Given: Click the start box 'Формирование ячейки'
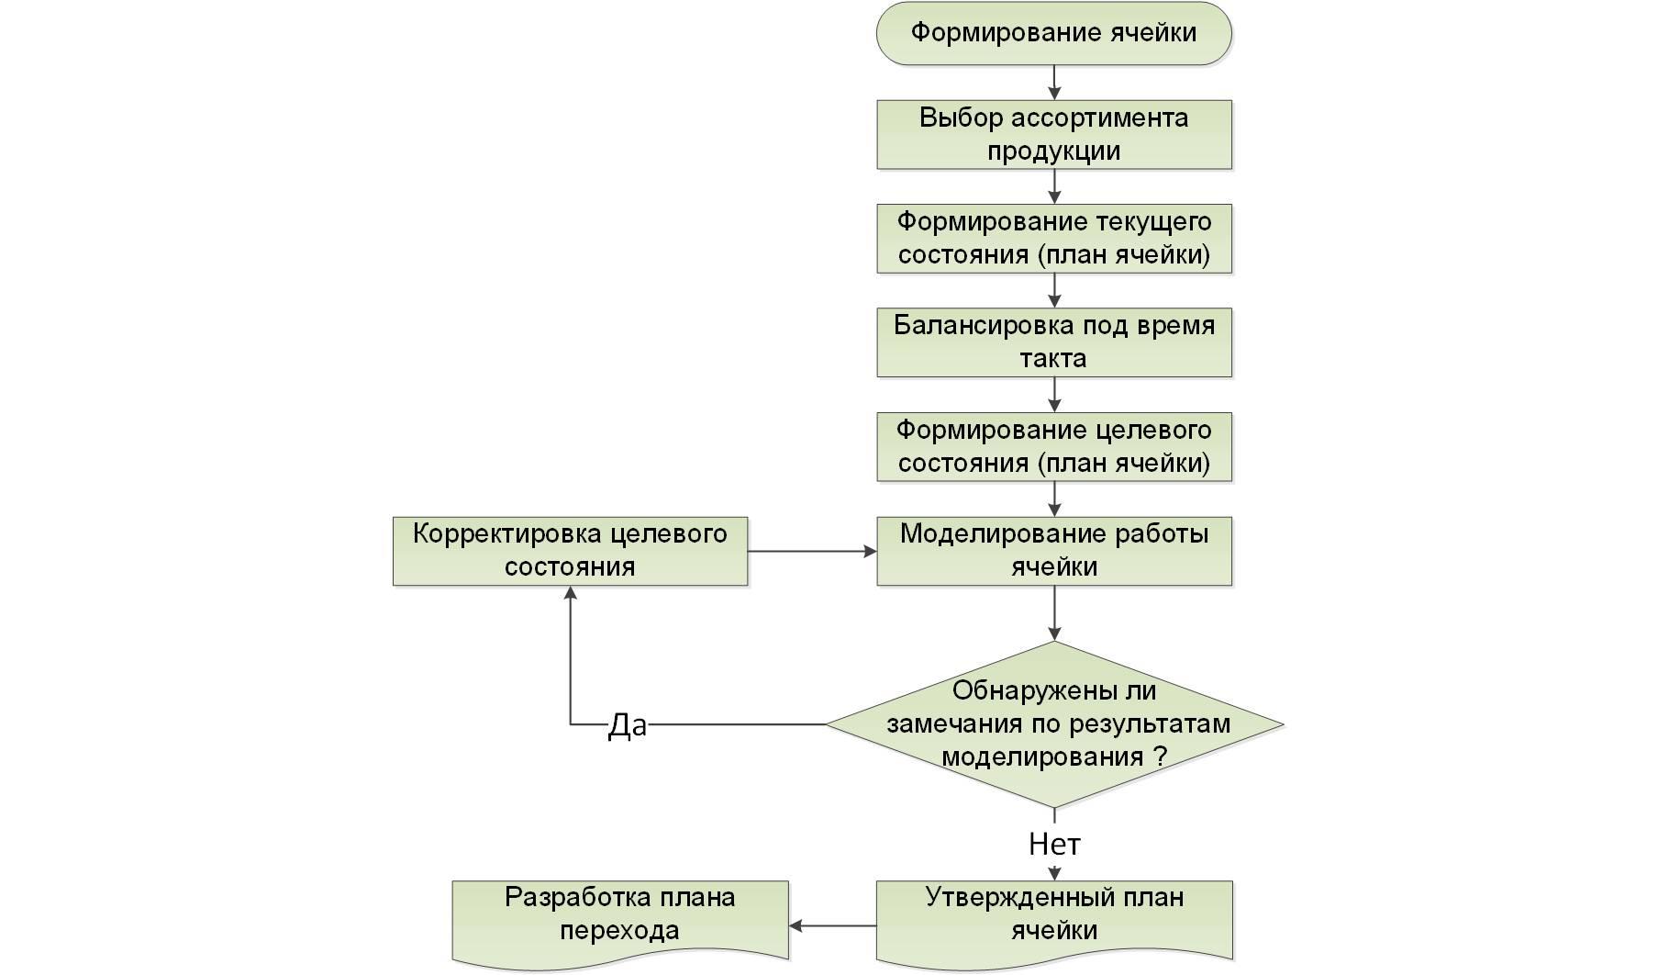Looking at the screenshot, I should (1053, 33).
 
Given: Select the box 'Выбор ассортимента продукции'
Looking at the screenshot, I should (1053, 134).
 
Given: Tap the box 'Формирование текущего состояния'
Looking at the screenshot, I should (1053, 238).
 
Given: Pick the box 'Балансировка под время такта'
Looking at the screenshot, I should (1053, 342).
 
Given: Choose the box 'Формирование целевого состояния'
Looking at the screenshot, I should (1053, 446).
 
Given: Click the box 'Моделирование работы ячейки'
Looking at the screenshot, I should (1053, 550).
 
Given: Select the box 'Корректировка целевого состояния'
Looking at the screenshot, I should (570, 550).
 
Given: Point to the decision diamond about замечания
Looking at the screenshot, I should (1054, 723).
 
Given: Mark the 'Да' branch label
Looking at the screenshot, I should (628, 725).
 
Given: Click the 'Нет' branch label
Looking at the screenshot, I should (1054, 844).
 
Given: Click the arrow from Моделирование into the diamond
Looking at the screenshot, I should (1054, 612).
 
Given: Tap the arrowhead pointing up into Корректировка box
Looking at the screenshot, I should (571, 594).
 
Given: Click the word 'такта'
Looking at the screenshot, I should (1052, 359).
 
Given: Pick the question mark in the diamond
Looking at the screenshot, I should (1160, 756).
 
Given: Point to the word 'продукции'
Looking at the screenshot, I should (1053, 151).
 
